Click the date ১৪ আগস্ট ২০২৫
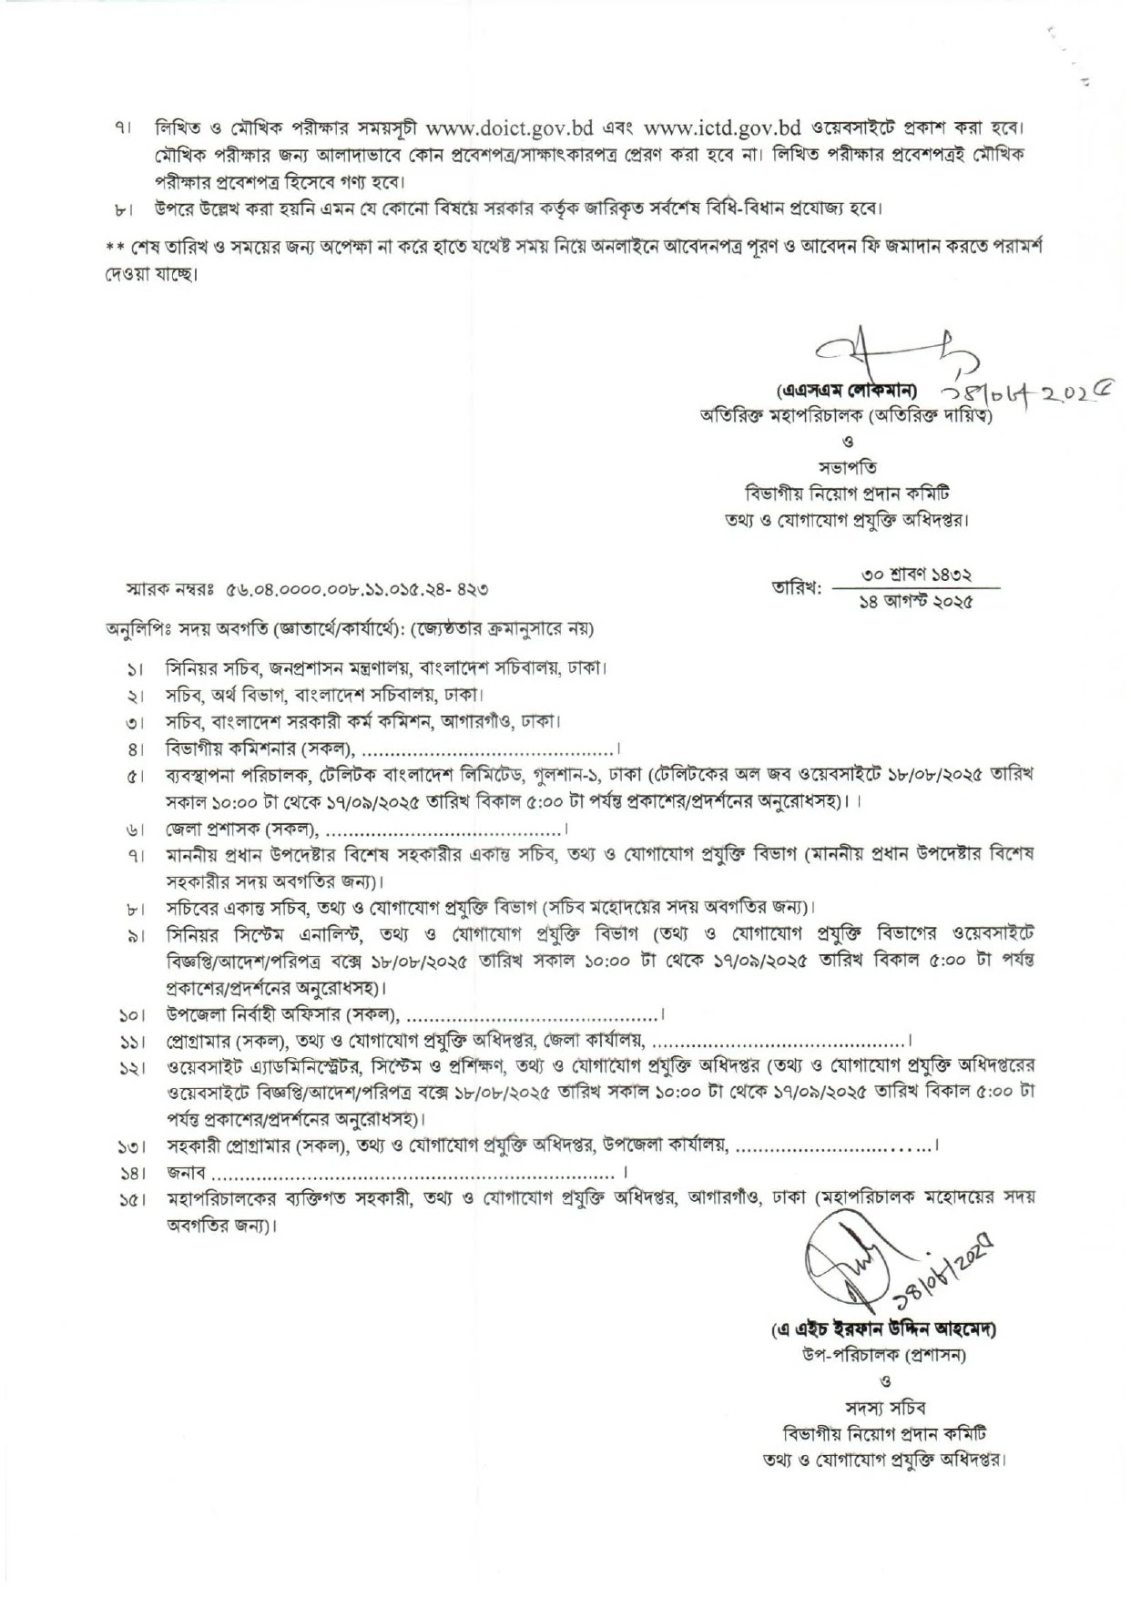point(917,602)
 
